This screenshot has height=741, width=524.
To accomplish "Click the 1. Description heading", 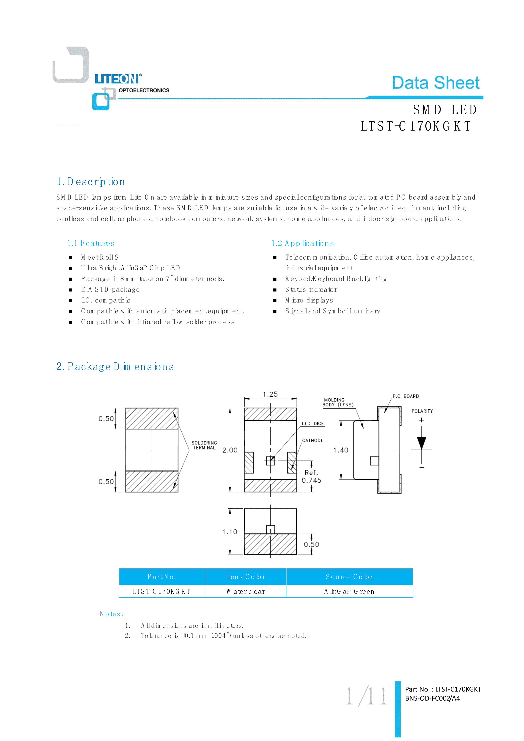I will click(x=91, y=182).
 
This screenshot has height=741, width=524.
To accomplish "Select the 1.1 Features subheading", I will click(x=91, y=243).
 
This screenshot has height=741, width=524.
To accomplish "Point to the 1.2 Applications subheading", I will click(x=302, y=243).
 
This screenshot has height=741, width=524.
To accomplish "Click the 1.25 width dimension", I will click(x=270, y=394).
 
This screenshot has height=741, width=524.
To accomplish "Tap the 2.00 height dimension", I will click(x=230, y=450).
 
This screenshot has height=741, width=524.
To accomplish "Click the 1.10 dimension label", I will click(x=230, y=532).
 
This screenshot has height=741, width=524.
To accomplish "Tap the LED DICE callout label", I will click(x=313, y=424).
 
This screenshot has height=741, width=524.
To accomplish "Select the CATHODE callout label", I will click(x=313, y=441).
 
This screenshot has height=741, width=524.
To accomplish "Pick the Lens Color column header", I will click(x=246, y=577).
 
